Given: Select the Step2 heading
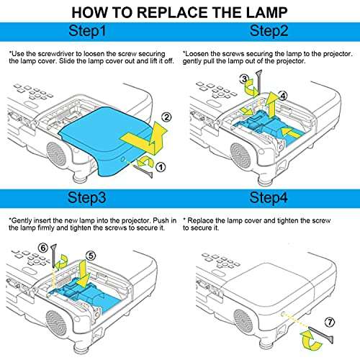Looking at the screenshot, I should tap(269, 32).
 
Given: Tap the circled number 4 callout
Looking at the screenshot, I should tap(284, 94).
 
